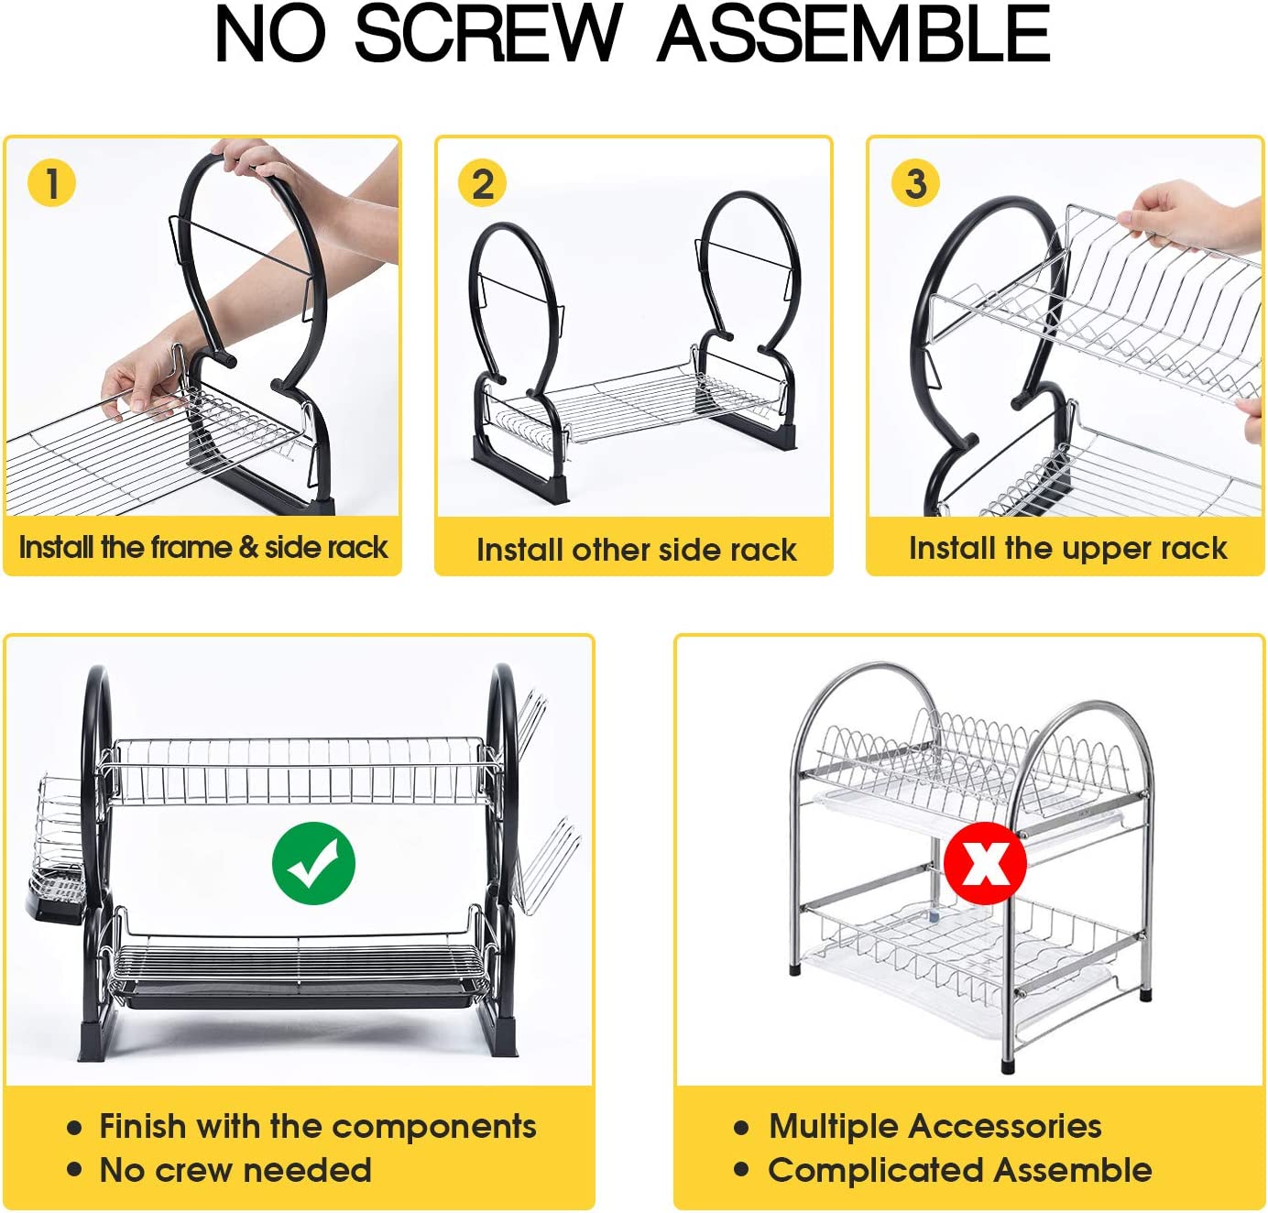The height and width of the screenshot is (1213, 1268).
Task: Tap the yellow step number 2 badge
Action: coord(482,183)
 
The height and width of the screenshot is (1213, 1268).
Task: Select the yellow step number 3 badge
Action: coord(915,183)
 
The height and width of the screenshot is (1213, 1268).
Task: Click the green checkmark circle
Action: coord(313,863)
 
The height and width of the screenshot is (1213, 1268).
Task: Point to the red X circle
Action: coord(985,862)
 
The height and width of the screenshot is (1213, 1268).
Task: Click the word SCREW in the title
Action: coord(488,34)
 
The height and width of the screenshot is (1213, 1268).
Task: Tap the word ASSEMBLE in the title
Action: coord(854,34)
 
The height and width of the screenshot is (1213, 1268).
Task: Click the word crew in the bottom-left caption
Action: coord(197,1170)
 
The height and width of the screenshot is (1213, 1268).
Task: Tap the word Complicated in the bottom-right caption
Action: coord(877,1170)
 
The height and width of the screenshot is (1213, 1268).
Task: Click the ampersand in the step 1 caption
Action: coord(248,547)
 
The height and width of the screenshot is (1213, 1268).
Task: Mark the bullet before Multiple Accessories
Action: coord(741,1128)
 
